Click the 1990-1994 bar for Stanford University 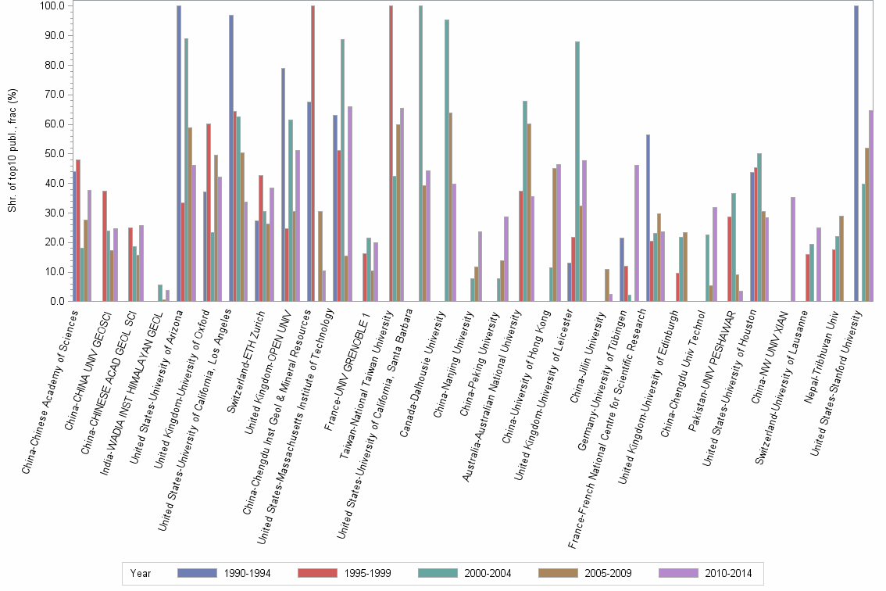pyautogui.click(x=856, y=153)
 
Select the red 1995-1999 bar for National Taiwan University pyautogui.click(x=391, y=153)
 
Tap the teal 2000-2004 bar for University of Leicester pyautogui.click(x=577, y=171)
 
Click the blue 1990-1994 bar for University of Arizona pyautogui.click(x=179, y=153)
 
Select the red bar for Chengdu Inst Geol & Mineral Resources pyautogui.click(x=313, y=153)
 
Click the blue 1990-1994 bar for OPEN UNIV pyautogui.click(x=283, y=184)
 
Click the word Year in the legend pyautogui.click(x=141, y=574)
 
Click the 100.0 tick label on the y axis pyautogui.click(x=52, y=6)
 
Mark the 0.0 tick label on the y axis pyautogui.click(x=57, y=302)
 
